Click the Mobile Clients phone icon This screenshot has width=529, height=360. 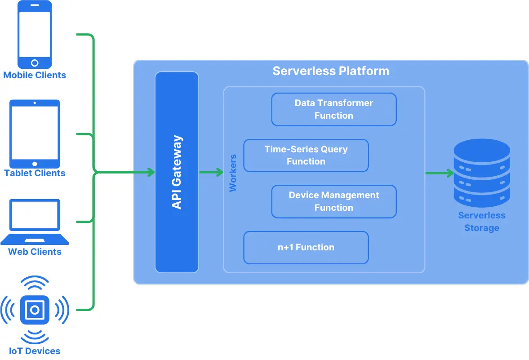(x=35, y=34)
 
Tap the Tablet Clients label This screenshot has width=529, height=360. (x=35, y=173)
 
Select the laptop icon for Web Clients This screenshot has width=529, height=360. (x=35, y=222)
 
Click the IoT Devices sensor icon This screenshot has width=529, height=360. (x=35, y=310)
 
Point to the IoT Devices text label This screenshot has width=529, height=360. (x=35, y=351)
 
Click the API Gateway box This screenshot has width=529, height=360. (x=177, y=172)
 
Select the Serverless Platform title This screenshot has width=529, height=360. (x=331, y=71)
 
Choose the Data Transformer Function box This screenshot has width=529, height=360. (x=333, y=109)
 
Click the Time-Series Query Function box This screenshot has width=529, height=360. (x=306, y=155)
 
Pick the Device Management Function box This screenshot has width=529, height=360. (x=333, y=201)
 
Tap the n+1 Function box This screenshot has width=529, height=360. (x=306, y=247)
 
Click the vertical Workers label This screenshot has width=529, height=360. (x=233, y=173)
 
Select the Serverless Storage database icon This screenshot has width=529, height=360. (x=482, y=173)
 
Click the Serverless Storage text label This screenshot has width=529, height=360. (x=482, y=222)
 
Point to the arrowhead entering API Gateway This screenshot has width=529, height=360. (x=151, y=173)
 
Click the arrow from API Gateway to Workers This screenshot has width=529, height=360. (x=211, y=173)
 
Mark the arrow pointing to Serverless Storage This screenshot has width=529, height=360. (x=440, y=173)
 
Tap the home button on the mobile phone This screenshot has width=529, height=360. (x=35, y=63)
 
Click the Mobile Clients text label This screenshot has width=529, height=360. (x=35, y=75)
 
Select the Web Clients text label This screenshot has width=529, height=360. (x=35, y=252)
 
